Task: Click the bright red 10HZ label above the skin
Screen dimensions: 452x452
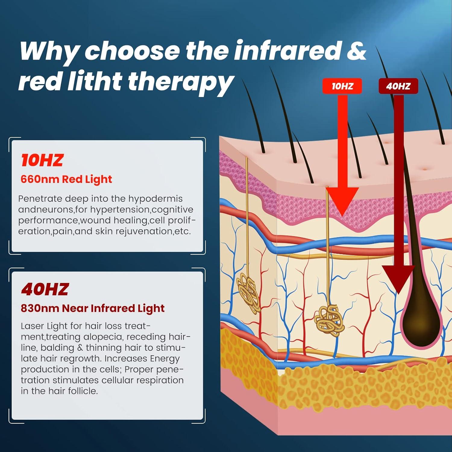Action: [342, 86]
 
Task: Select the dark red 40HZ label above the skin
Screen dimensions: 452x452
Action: [398, 86]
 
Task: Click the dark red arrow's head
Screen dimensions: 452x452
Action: [398, 279]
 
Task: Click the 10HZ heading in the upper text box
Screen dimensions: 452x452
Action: [42, 160]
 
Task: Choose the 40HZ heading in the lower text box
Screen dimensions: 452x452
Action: [45, 289]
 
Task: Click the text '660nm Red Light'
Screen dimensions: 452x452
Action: [66, 179]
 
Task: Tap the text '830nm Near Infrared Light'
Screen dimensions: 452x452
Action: [93, 308]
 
